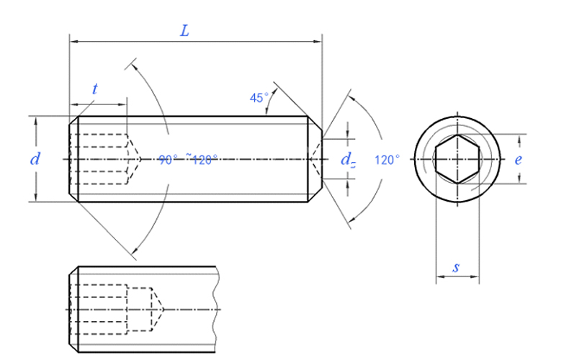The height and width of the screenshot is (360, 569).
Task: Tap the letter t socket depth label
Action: pyautogui.click(x=95, y=89)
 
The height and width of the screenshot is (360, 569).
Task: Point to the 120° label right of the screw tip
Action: pyautogui.click(x=387, y=160)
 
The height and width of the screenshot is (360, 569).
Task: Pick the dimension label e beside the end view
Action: pyautogui.click(x=518, y=160)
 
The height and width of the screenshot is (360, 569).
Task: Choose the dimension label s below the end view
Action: pyautogui.click(x=457, y=267)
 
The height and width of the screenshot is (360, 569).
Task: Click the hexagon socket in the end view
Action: pyautogui.click(x=457, y=158)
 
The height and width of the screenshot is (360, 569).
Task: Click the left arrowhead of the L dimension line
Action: pyautogui.click(x=73, y=42)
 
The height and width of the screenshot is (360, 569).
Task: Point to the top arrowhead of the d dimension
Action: pyautogui.click(x=35, y=120)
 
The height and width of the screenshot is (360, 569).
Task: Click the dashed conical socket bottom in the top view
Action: pyautogui.click(x=133, y=158)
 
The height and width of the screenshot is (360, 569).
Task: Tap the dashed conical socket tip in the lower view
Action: pyautogui.click(x=158, y=310)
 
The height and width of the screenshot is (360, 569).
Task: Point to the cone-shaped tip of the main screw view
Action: pyautogui.click(x=315, y=158)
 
